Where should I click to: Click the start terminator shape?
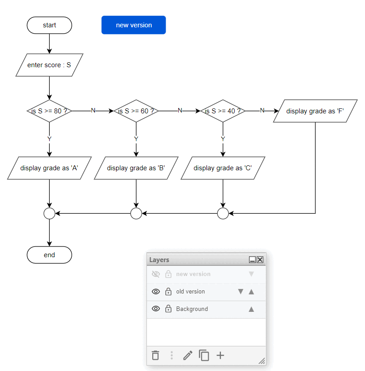pos(49,25)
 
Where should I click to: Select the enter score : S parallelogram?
pos(49,65)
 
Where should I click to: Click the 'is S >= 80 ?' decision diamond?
pos(49,111)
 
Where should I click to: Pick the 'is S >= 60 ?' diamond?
pos(136,111)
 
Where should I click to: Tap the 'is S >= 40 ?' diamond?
pos(223,111)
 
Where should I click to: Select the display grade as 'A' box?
pos(49,168)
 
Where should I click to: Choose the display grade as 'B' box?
pos(136,168)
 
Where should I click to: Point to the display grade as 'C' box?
pos(223,168)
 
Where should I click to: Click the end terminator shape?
pos(49,255)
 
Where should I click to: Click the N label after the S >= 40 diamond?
pos(262,111)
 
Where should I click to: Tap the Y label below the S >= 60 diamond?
pos(136,139)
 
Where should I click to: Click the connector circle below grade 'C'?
pos(223,214)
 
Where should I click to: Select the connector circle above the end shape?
pos(49,214)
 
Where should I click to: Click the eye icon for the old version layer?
pos(156,292)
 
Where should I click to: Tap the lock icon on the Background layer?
pos(168,309)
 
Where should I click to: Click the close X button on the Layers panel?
pos(260,260)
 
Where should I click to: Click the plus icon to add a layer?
pos(220,356)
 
